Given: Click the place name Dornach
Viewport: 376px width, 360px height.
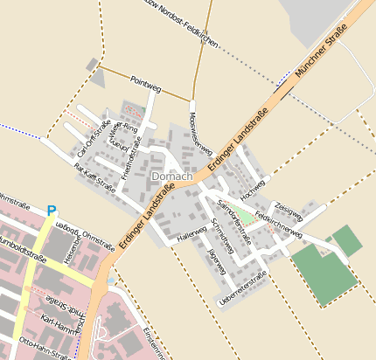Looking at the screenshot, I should click(170, 177).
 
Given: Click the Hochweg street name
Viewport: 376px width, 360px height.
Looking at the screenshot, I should click(253, 185).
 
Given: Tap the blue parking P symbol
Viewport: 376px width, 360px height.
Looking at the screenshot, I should click(51, 211).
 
